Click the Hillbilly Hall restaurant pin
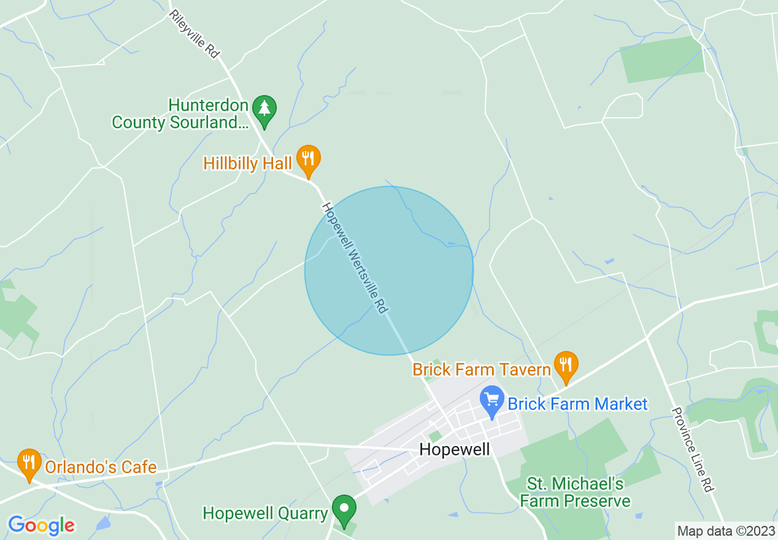click(308, 159)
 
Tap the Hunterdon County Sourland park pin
click(264, 110)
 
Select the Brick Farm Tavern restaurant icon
click(566, 365)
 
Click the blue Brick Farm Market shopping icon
click(492, 401)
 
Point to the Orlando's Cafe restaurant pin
click(29, 463)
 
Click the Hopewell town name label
click(455, 450)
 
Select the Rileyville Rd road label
click(194, 34)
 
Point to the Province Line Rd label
click(692, 449)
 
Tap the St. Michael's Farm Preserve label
click(575, 493)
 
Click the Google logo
click(41, 525)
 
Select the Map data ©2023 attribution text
click(725, 531)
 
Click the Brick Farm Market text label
click(577, 404)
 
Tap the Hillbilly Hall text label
click(248, 163)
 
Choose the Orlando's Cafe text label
click(101, 467)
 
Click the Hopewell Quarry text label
click(265, 513)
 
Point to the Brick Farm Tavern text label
click(482, 369)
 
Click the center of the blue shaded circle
click(389, 271)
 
